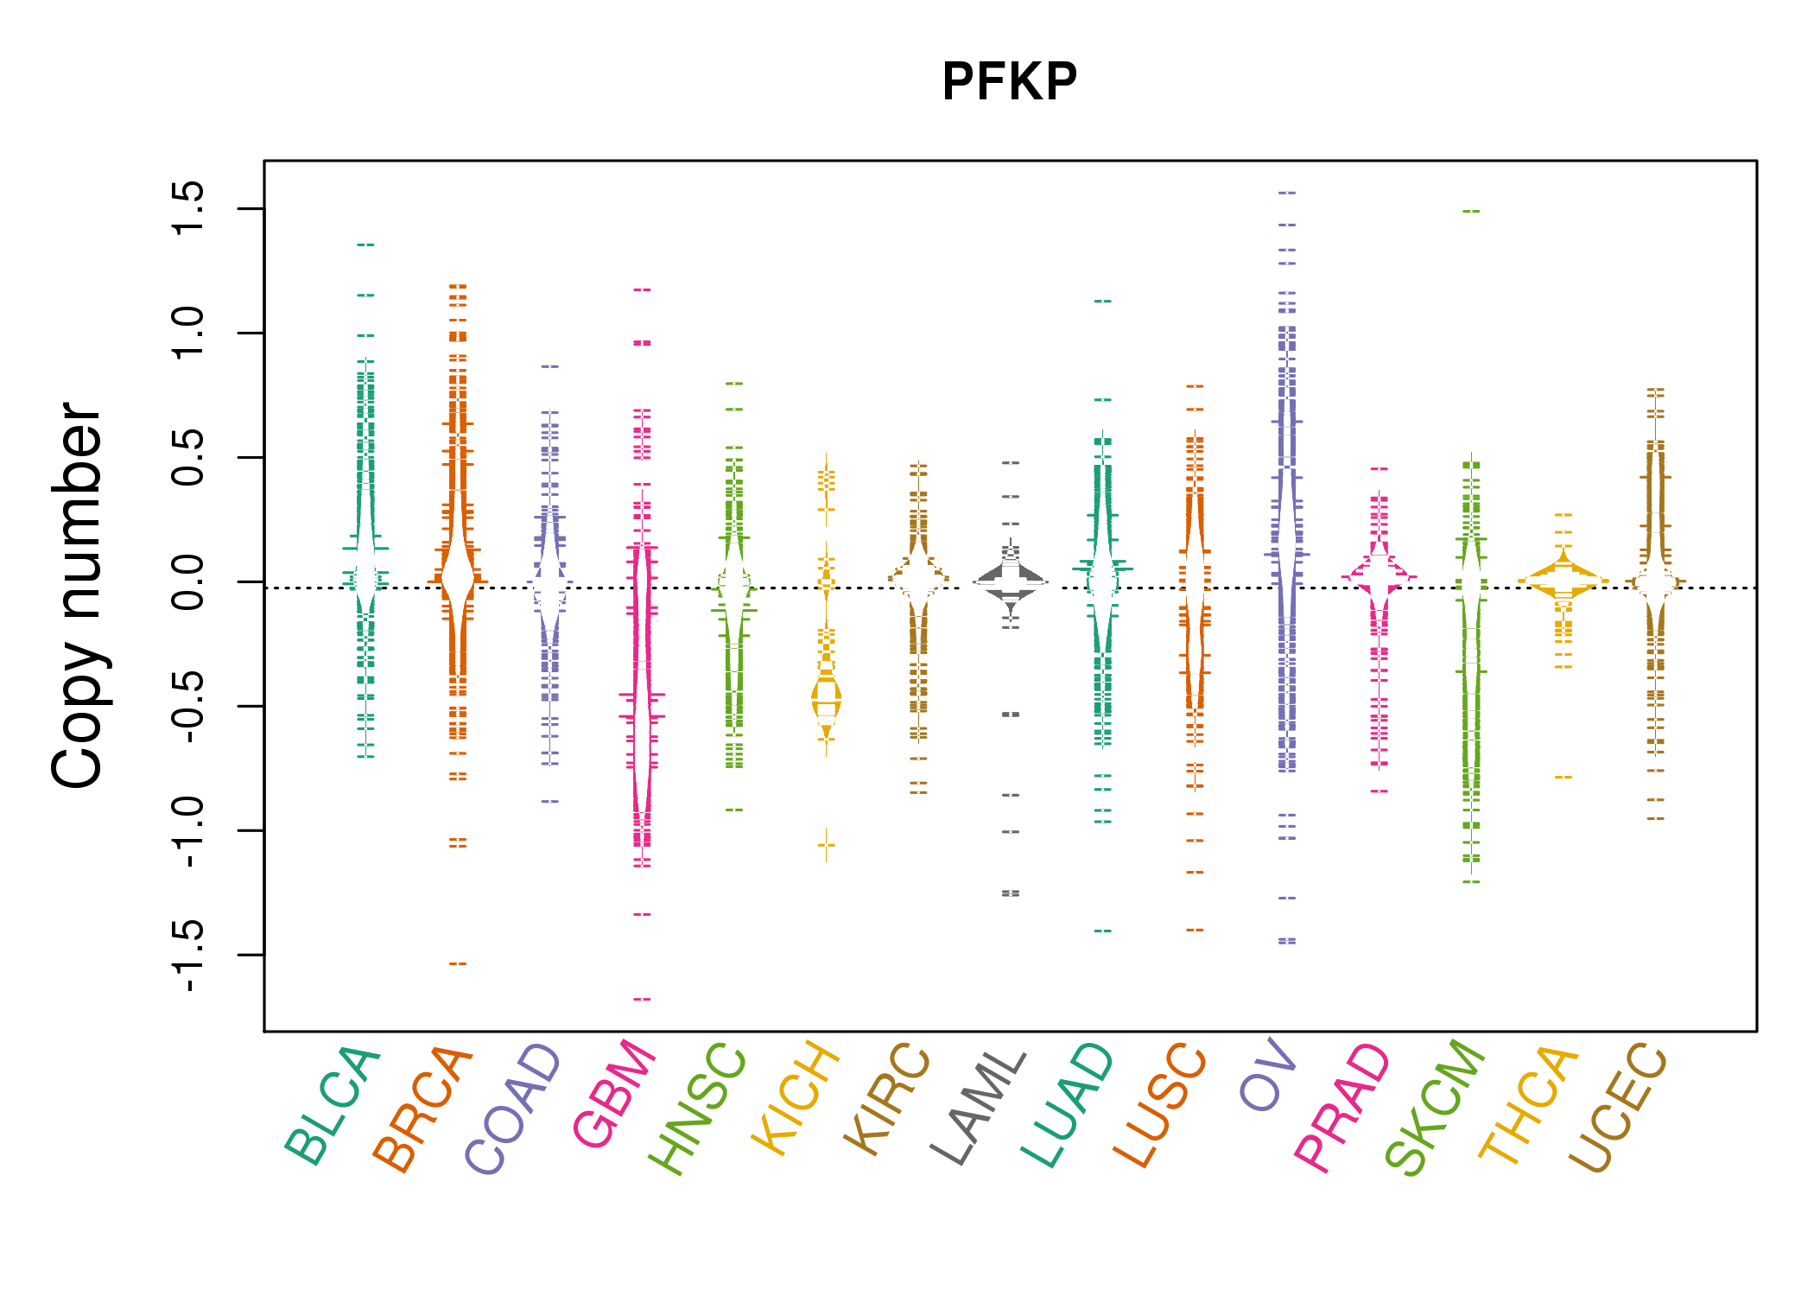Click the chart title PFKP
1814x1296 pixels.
1009,82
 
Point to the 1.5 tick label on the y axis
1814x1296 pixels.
188,208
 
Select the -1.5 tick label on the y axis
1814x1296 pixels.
188,955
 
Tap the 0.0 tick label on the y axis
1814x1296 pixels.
188,582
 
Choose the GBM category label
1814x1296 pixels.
613,1093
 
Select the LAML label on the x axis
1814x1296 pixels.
978,1106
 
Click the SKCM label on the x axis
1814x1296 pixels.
1434,1106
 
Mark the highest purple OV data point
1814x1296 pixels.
1287,193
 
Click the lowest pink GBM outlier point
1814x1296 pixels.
642,999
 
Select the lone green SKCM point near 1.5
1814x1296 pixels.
1471,211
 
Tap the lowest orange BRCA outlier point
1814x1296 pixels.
458,963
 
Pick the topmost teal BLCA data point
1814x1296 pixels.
365,245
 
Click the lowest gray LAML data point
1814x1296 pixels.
1011,893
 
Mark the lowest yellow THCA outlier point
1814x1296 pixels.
1563,777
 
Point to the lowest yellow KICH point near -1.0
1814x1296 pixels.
827,845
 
